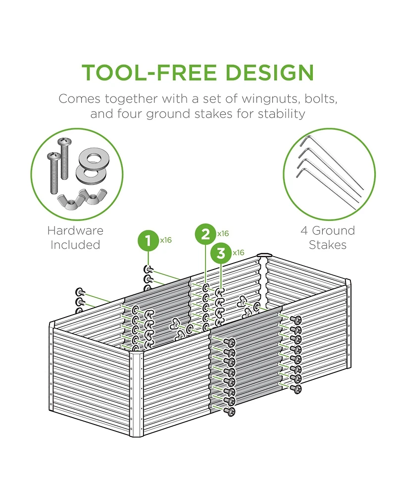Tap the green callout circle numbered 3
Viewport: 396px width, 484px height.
coord(221,253)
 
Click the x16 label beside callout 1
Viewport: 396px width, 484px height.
coord(165,240)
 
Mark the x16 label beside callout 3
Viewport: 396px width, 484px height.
coord(239,253)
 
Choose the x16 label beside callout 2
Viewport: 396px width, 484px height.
coord(223,233)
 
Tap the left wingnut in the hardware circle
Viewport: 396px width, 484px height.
coord(67,200)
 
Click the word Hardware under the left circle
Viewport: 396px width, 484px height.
coord(75,230)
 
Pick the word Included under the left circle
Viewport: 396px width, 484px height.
coord(75,245)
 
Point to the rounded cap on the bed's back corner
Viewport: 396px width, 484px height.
coord(265,256)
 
